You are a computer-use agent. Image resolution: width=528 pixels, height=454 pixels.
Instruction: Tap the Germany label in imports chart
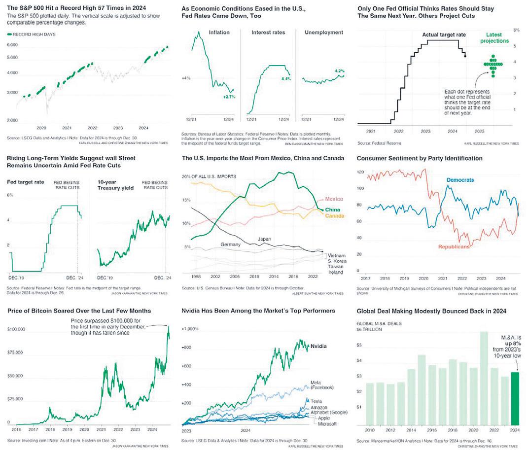point(230,244)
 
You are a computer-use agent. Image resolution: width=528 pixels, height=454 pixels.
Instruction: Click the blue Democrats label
point(460,180)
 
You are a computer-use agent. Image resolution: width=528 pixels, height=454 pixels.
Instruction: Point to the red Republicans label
point(453,245)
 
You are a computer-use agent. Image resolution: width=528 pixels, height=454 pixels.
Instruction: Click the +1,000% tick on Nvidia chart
point(190,329)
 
